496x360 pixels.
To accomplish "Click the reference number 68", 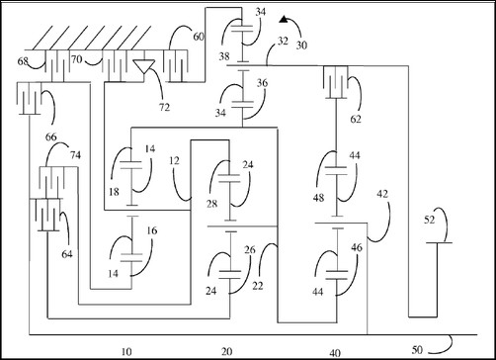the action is coord(23,61).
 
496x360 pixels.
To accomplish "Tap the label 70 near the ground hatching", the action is coord(77,59).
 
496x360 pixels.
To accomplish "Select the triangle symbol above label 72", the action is coord(144,66).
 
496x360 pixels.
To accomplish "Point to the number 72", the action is coord(164,107).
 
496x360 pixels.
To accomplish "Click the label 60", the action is coord(199,37).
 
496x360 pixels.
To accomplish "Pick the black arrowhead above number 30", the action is coord(284,20).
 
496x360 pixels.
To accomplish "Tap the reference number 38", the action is coord(224,56).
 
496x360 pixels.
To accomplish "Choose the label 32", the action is coord(283,41).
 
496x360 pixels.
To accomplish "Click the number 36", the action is coord(262,83).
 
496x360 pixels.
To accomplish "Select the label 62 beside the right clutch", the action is coord(356,119).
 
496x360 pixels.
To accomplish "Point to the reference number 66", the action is coord(51,136).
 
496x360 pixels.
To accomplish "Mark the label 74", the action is coord(75,155).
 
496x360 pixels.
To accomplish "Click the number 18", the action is coord(114,192).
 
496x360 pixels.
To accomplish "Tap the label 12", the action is coord(174,160).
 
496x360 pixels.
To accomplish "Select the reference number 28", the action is coord(212,204).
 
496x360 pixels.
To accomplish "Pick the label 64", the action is coord(67,254).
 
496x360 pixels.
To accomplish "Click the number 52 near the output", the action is coord(430,220).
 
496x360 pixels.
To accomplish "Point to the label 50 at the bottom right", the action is coord(417,350).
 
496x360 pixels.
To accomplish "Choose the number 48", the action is coord(318,198).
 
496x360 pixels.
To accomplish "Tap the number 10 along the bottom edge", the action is coord(126,352).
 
